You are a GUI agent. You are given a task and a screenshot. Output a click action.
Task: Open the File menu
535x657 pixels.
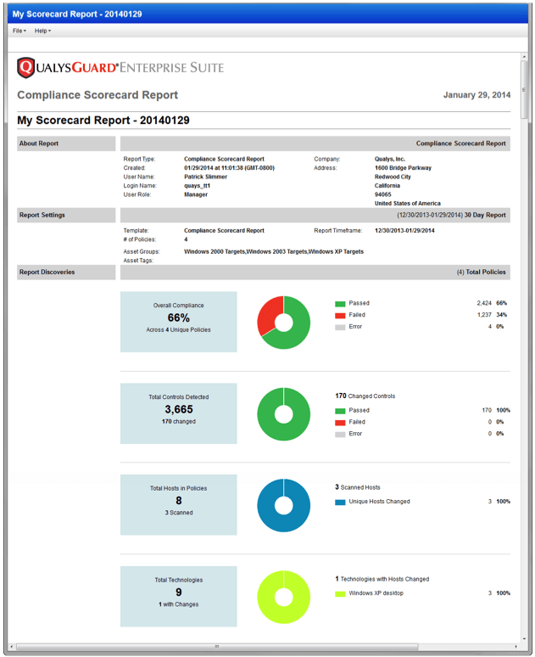point(19,31)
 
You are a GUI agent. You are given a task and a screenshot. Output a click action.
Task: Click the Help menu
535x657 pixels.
point(42,31)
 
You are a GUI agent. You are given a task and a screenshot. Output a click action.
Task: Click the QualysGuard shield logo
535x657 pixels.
point(25,67)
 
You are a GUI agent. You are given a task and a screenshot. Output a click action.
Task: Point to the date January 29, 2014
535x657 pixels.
point(476,95)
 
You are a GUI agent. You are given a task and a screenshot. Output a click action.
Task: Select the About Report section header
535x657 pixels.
point(66,143)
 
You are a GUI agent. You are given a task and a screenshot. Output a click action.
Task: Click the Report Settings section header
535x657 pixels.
point(66,215)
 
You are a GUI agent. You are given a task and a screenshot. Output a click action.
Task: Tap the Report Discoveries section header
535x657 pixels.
point(66,272)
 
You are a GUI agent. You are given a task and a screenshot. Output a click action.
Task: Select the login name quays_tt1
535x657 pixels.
point(197,185)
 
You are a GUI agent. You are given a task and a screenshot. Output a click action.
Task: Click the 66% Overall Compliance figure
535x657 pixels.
point(178,317)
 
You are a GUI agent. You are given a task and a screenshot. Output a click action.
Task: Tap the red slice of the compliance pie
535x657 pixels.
point(269,314)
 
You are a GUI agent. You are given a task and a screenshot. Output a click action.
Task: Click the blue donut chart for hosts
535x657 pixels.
point(283,505)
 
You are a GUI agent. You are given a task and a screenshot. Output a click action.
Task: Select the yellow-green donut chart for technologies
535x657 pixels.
point(283,597)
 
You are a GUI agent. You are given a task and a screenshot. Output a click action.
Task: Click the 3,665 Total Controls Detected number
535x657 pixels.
point(178,409)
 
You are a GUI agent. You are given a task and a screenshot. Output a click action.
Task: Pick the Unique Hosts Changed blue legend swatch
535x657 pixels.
point(340,502)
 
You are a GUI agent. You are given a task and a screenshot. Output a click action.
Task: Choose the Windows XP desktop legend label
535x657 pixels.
point(376,593)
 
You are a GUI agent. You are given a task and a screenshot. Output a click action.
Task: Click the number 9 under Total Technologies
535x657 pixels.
point(178,592)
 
